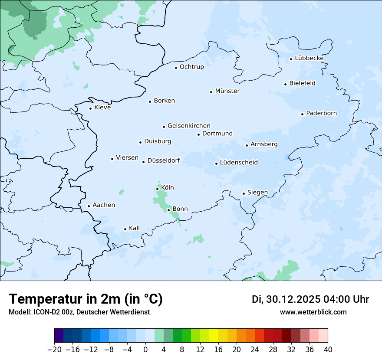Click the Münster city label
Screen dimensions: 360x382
pyautogui.click(x=227, y=91)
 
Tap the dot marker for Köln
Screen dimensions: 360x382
pyautogui.click(x=157, y=189)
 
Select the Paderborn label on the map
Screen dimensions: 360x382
pyautogui.click(x=321, y=113)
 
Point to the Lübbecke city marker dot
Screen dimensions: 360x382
pyautogui.click(x=291, y=59)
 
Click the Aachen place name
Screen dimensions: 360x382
pyautogui.click(x=104, y=205)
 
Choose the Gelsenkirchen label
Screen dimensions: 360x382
pyautogui.click(x=189, y=126)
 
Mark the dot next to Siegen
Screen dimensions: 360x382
pyautogui.click(x=244, y=193)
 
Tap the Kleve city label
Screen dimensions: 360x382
pyautogui.click(x=102, y=108)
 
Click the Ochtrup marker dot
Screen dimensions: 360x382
pyautogui.click(x=176, y=67)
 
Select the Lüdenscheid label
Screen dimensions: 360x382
pyautogui.click(x=239, y=163)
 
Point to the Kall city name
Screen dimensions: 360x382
pyautogui.click(x=134, y=228)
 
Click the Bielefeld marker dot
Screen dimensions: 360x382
pyautogui.click(x=285, y=84)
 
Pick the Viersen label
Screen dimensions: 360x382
pyautogui.click(x=127, y=158)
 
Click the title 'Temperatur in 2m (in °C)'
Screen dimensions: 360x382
pyautogui.click(x=86, y=299)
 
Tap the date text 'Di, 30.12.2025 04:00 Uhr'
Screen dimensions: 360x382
pyautogui.click(x=310, y=299)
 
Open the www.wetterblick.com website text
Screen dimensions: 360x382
pyautogui.click(x=313, y=312)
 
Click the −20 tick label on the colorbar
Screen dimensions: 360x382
pyautogui.click(x=54, y=350)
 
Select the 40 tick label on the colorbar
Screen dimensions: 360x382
pyautogui.click(x=328, y=350)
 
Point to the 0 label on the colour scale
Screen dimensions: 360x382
pyautogui.click(x=145, y=350)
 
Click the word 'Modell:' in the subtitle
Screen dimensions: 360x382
pyautogui.click(x=20, y=312)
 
